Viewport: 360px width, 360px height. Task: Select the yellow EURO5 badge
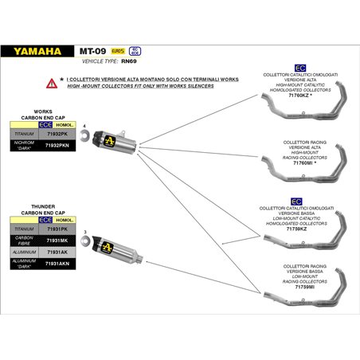(117, 51)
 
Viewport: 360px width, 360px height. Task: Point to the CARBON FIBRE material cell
(25, 240)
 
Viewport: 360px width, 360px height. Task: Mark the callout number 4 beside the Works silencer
(84, 126)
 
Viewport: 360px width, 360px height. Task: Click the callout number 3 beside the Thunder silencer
(84, 232)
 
